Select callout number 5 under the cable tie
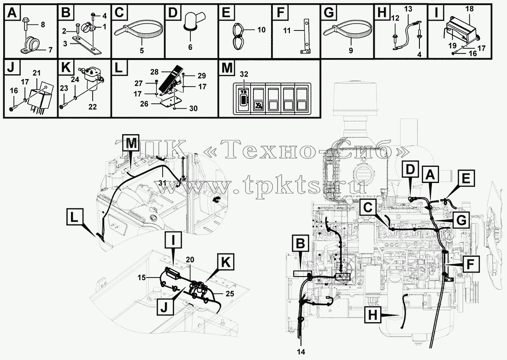pyautogui.click(x=141, y=50)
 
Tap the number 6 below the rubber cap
pyautogui.click(x=190, y=47)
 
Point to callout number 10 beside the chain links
pyautogui.click(x=262, y=30)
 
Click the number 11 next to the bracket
pyautogui.click(x=287, y=30)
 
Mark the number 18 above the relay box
pyautogui.click(x=470, y=9)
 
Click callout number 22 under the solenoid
pyautogui.click(x=93, y=107)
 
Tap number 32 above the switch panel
pyautogui.click(x=244, y=74)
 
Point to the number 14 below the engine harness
pyautogui.click(x=301, y=352)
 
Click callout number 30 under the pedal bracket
pyautogui.click(x=194, y=109)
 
